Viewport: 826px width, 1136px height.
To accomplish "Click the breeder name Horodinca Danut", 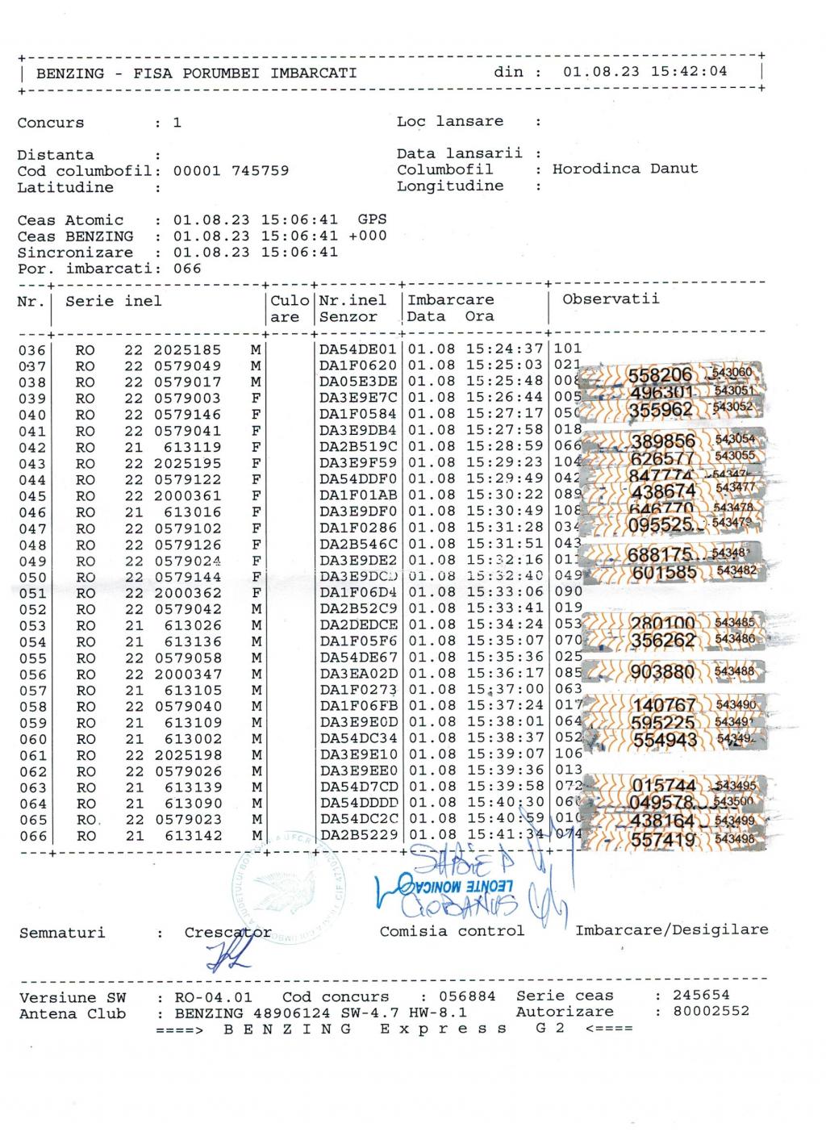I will coord(625,169).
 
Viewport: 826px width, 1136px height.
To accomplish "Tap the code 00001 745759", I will coord(231,171).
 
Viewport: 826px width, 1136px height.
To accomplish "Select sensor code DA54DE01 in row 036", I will coord(358,349).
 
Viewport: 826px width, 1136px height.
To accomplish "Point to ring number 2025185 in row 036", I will coord(187,350).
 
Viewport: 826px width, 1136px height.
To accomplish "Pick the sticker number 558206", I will coord(660,375).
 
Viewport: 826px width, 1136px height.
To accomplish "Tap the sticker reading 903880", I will coord(661,673).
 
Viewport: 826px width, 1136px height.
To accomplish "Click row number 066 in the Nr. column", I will coord(32,836).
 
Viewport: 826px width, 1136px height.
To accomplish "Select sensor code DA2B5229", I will coord(358,835).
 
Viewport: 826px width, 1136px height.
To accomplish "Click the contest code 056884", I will coord(467,996).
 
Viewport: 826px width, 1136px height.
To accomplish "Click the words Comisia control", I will coord(452,931).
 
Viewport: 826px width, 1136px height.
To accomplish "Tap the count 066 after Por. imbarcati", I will coord(187,269).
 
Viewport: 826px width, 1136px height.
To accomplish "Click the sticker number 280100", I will coord(661,624).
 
